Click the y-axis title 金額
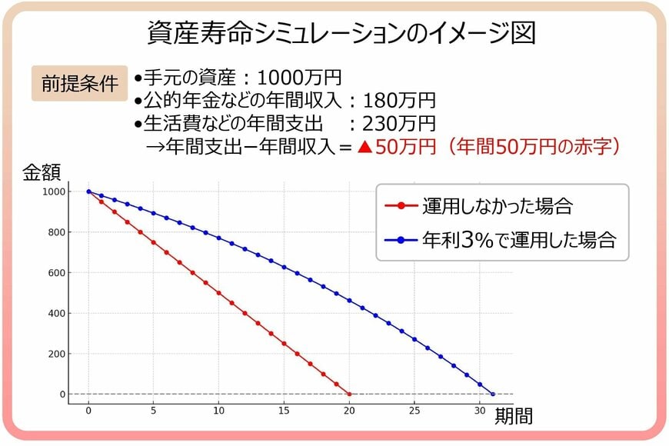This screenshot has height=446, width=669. coord(42,171)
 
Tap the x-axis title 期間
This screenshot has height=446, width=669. coord(514,416)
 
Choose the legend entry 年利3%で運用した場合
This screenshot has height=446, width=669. coord(519,239)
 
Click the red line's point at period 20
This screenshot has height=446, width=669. coord(349,394)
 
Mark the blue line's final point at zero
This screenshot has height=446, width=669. coord(493,394)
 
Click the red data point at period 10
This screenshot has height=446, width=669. coord(219,293)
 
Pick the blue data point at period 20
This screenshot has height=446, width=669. coord(349,300)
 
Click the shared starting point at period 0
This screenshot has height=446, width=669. coord(88,191)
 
